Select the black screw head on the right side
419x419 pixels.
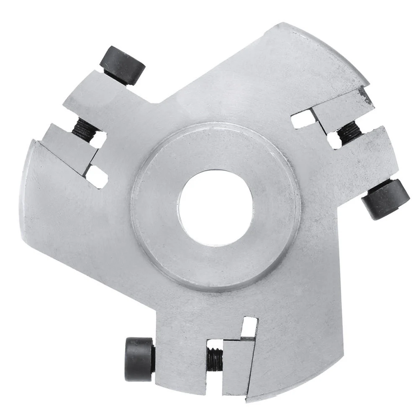(x=385, y=198)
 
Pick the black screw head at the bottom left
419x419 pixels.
(x=139, y=359)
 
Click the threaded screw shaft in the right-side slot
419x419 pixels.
(x=349, y=131)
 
